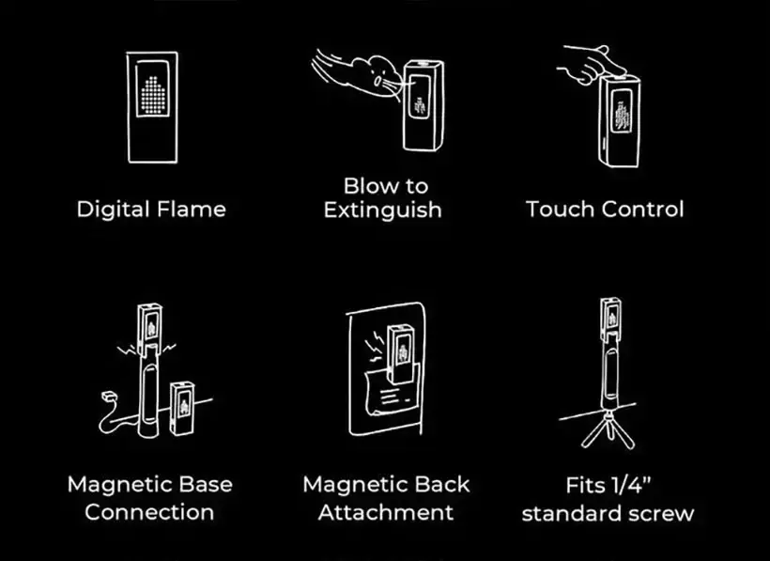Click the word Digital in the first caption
113,210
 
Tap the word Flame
191,209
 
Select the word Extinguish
382,210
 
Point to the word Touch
560,209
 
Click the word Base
206,484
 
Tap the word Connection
149,512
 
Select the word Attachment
386,512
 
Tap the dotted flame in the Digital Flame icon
153,94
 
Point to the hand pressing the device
592,64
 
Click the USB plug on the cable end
108,396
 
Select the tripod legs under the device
608,429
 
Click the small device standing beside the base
182,409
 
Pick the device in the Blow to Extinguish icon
423,105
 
